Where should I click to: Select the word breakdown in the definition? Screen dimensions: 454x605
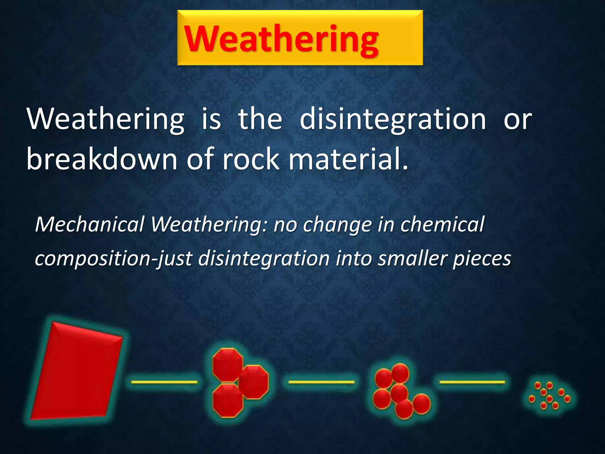coord(102,160)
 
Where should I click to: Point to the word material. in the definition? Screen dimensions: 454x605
coord(349,160)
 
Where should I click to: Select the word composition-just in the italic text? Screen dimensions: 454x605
coord(113,258)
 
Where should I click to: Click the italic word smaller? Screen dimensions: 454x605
coord(412,258)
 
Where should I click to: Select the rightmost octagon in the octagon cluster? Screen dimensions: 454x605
coord(253,382)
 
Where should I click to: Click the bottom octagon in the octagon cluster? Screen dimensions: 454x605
coord(228,401)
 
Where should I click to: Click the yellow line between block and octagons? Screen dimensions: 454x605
coord(164,382)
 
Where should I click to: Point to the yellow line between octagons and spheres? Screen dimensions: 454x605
coord(321,382)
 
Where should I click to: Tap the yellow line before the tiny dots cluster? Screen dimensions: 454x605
coord(472,382)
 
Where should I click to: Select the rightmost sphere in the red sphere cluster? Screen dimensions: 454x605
coord(422,403)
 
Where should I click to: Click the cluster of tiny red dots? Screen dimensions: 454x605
coord(549,396)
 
